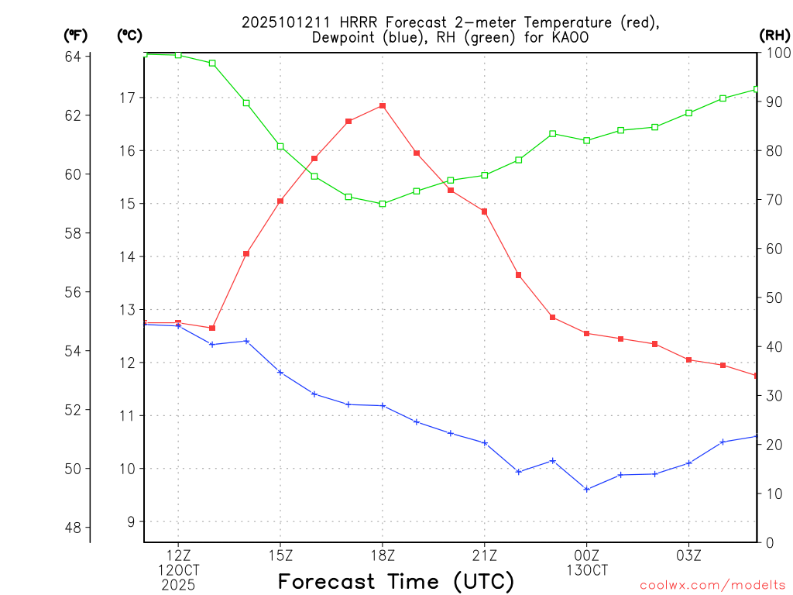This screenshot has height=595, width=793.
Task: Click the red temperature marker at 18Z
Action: click(x=383, y=105)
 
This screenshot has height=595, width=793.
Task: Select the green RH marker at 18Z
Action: click(x=383, y=204)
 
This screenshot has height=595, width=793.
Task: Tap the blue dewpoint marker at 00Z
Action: click(x=587, y=489)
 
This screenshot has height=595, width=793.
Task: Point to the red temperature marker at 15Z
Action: click(x=280, y=201)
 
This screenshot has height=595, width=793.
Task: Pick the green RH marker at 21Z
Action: click(x=485, y=175)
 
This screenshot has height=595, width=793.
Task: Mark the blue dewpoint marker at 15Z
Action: click(x=280, y=373)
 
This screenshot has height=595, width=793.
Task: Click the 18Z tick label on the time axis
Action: click(x=383, y=555)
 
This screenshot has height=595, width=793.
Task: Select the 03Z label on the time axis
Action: click(x=688, y=555)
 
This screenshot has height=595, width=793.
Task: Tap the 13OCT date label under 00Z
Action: click(x=587, y=570)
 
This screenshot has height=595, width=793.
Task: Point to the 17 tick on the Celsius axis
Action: click(x=127, y=98)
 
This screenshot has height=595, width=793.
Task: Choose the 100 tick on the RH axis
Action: click(x=777, y=53)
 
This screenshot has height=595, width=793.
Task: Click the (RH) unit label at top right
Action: click(x=775, y=35)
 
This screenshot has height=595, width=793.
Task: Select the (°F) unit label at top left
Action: click(x=76, y=35)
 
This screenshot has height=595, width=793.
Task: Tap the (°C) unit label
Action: click(x=129, y=35)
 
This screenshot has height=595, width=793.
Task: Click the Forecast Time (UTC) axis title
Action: click(x=396, y=581)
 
